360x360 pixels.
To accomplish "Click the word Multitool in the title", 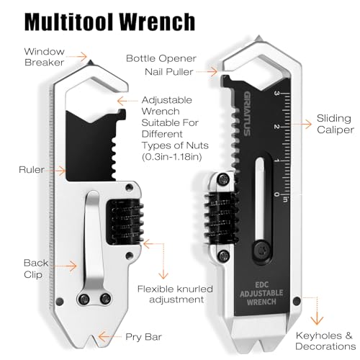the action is (x=69, y=22).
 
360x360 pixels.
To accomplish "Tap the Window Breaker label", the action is (x=45, y=57).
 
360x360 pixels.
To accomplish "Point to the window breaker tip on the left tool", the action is (x=91, y=63).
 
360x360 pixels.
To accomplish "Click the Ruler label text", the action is (x=32, y=170).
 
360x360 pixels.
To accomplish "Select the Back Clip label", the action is (x=36, y=269).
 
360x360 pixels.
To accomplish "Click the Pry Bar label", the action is (x=143, y=337).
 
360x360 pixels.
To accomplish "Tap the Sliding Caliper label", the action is (x=335, y=124).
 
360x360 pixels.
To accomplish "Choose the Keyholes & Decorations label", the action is (x=325, y=341).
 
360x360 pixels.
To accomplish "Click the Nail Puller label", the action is (x=169, y=72).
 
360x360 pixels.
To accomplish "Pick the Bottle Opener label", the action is (x=161, y=58).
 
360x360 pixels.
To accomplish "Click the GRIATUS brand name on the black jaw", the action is (x=248, y=114).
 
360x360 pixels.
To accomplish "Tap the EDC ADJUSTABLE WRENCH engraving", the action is (x=261, y=294).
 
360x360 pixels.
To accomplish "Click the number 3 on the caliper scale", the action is (x=276, y=93).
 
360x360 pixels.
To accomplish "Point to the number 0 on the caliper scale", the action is (x=276, y=194).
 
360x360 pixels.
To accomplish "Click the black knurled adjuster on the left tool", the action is (x=125, y=222).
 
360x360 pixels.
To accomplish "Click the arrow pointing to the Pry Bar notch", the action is (x=110, y=337).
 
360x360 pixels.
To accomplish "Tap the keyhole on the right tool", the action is (x=297, y=301).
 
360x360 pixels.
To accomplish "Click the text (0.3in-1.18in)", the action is (x=171, y=157).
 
